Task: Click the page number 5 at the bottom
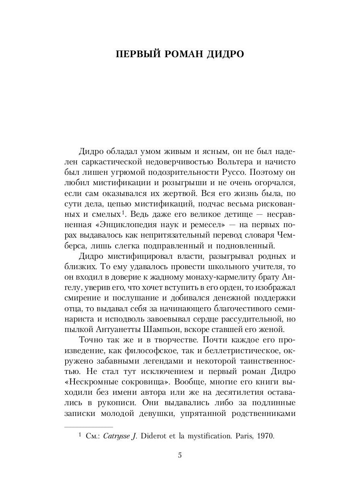click(180, 455)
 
